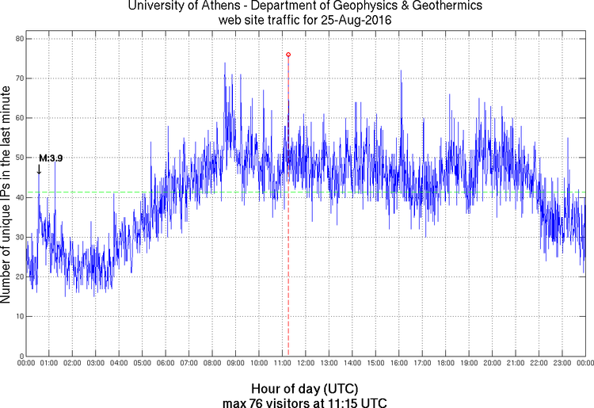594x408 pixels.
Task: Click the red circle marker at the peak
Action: coord(288,55)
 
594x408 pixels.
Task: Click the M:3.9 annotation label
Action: coord(51,158)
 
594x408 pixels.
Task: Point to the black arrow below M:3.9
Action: coord(39,168)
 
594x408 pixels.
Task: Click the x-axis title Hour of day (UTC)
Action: coord(305,389)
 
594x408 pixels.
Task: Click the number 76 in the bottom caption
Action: coord(257,402)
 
